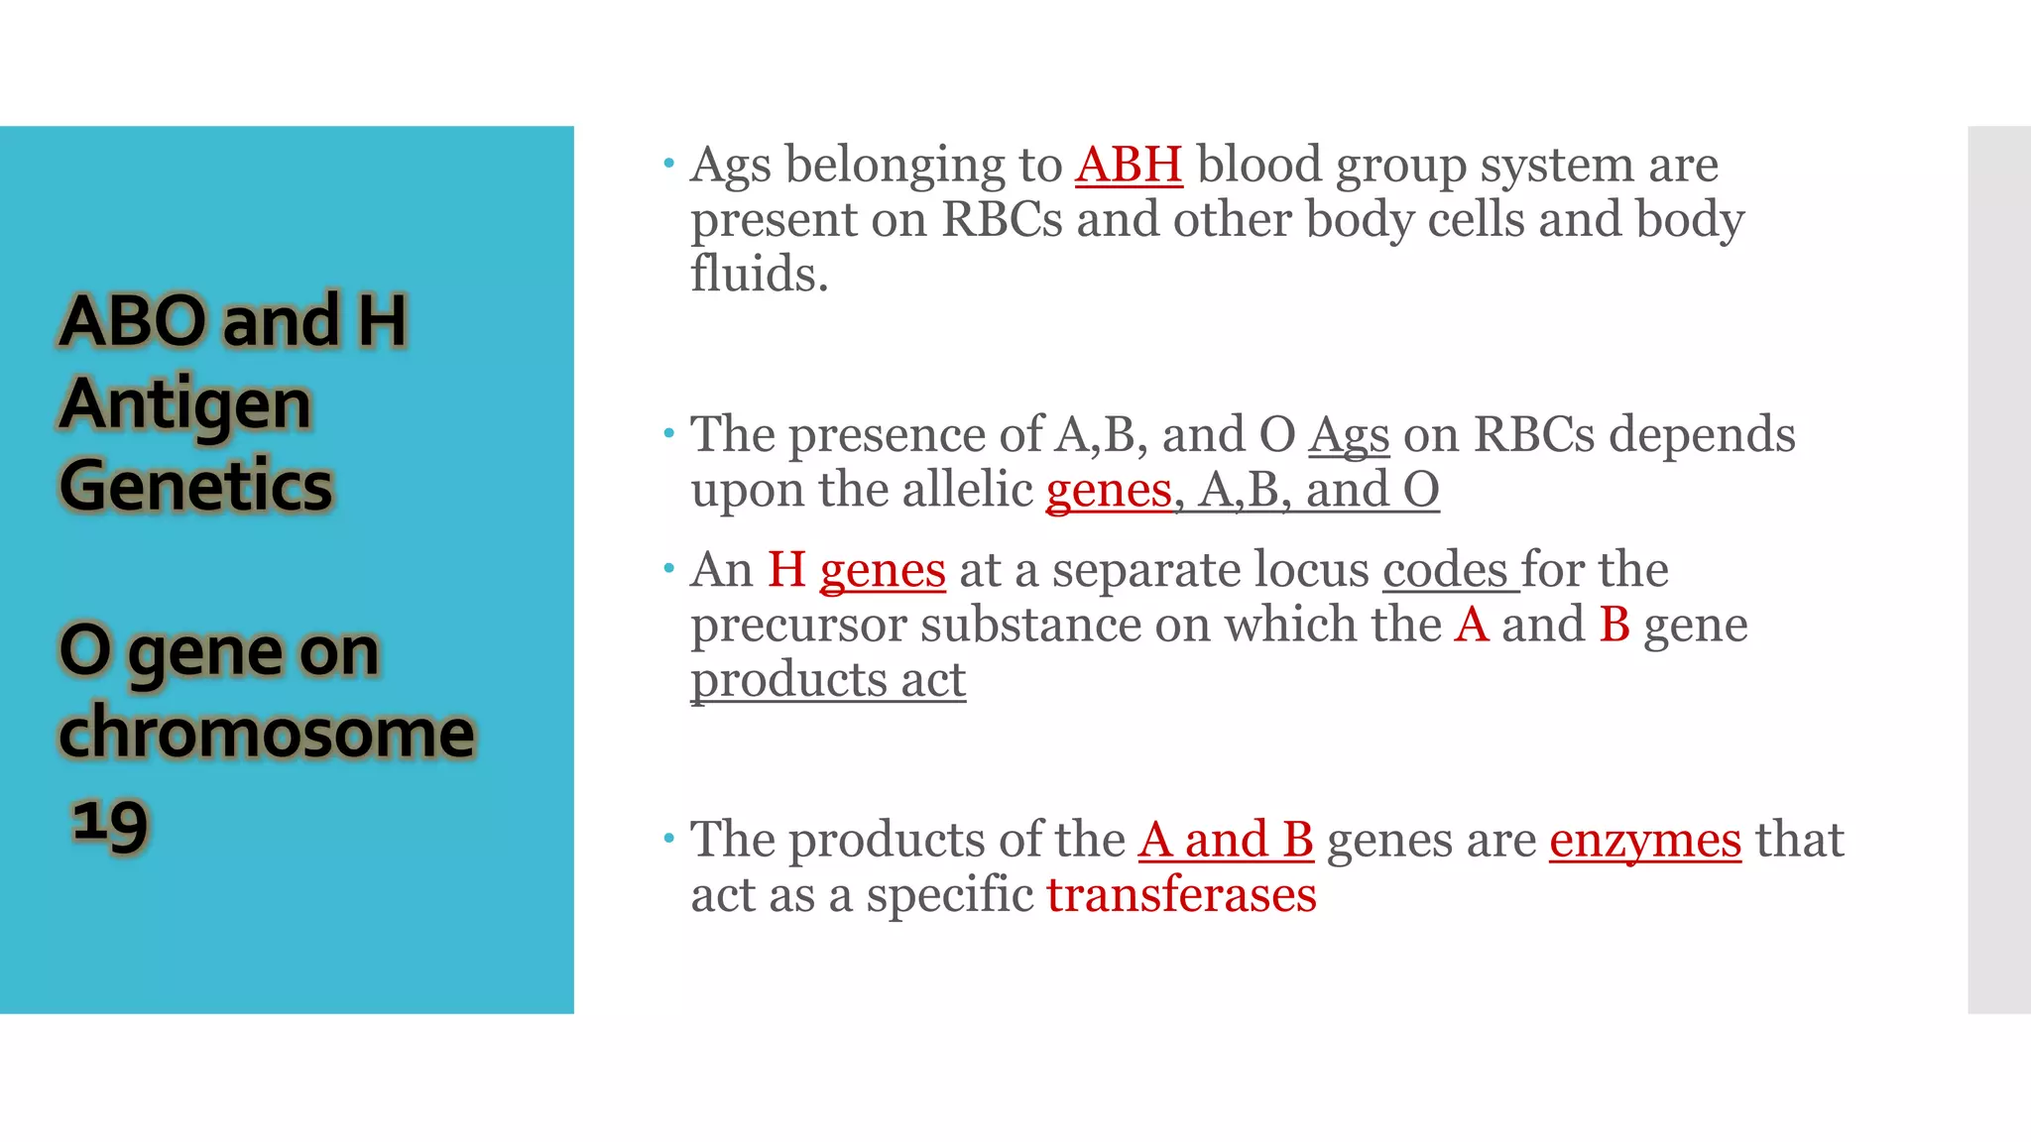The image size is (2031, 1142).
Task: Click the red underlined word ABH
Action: coord(1129,165)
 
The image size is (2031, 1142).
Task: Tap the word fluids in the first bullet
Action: coord(759,275)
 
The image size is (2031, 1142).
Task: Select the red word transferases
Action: coord(1181,895)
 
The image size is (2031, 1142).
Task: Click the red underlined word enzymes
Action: coord(1644,841)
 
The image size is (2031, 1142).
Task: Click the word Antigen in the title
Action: coord(185,404)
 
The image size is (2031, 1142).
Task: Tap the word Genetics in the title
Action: coord(196,486)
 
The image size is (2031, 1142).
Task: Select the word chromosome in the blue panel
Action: coord(267,734)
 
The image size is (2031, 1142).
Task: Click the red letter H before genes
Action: coord(786,570)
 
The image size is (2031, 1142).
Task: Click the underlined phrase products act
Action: coord(828,680)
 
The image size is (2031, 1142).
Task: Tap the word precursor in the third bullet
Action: coord(798,626)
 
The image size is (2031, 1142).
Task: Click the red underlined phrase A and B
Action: coord(1226,841)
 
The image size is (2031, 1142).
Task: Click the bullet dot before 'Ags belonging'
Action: coord(669,162)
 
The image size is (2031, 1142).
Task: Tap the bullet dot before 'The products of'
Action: coord(669,839)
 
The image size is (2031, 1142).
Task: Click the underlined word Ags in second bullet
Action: coord(1349,436)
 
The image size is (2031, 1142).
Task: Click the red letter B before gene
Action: coord(1614,626)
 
